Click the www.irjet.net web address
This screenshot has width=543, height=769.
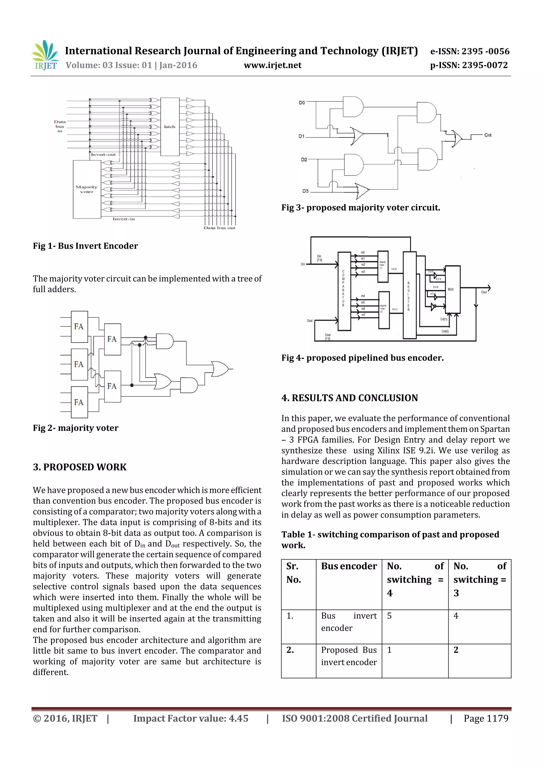point(272,65)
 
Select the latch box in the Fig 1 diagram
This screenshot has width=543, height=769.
point(170,127)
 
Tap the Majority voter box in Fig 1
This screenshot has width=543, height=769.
point(87,189)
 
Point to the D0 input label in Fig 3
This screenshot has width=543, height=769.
point(302,102)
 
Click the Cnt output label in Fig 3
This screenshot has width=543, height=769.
point(488,135)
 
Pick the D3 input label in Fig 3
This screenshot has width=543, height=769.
point(305,191)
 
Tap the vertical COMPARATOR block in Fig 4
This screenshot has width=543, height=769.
point(344,291)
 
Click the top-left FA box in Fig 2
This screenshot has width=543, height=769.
point(79,326)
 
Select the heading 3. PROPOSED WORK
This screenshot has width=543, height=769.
point(80,467)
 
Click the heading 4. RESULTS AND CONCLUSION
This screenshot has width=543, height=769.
point(349,398)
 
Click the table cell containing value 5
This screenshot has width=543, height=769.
point(389,616)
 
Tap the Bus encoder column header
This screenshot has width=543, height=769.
point(349,566)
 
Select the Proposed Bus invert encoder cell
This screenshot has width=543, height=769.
point(349,656)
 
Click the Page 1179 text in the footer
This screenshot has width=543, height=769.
point(486,718)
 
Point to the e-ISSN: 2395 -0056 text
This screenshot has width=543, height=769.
point(469,51)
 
